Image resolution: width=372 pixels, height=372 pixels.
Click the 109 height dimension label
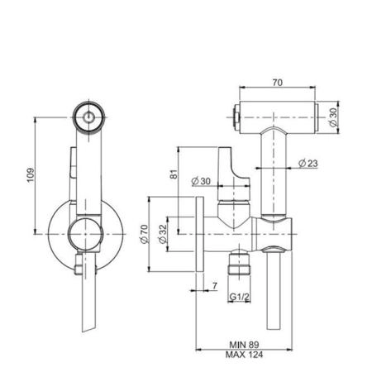pos(31,175)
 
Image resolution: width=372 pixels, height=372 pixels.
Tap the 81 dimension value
pos(174,174)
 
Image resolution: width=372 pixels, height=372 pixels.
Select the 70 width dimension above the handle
pos(277,83)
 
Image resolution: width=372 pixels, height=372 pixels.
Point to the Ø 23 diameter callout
pos(308,164)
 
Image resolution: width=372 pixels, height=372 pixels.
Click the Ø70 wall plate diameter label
pos(145,234)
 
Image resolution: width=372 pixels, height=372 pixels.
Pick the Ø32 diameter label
pos(163,234)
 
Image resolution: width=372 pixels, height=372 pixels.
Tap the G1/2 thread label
pos(240,297)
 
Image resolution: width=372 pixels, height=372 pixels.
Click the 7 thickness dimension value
pos(215,286)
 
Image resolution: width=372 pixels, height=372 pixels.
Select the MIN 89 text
pos(244,345)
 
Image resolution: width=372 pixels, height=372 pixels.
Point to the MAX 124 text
pos(244,355)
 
